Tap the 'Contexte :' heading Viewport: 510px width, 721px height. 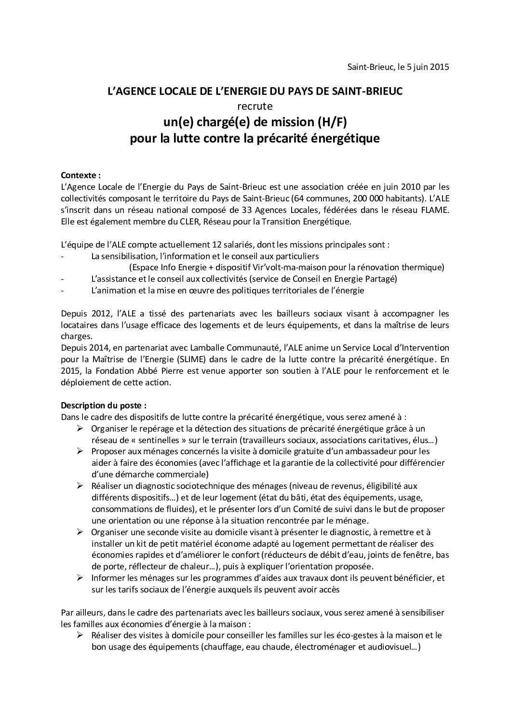pyautogui.click(x=81, y=175)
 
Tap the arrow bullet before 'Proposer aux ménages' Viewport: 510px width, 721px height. pyautogui.click(x=80, y=451)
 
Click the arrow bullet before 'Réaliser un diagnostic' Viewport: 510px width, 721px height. pyautogui.click(x=80, y=486)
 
